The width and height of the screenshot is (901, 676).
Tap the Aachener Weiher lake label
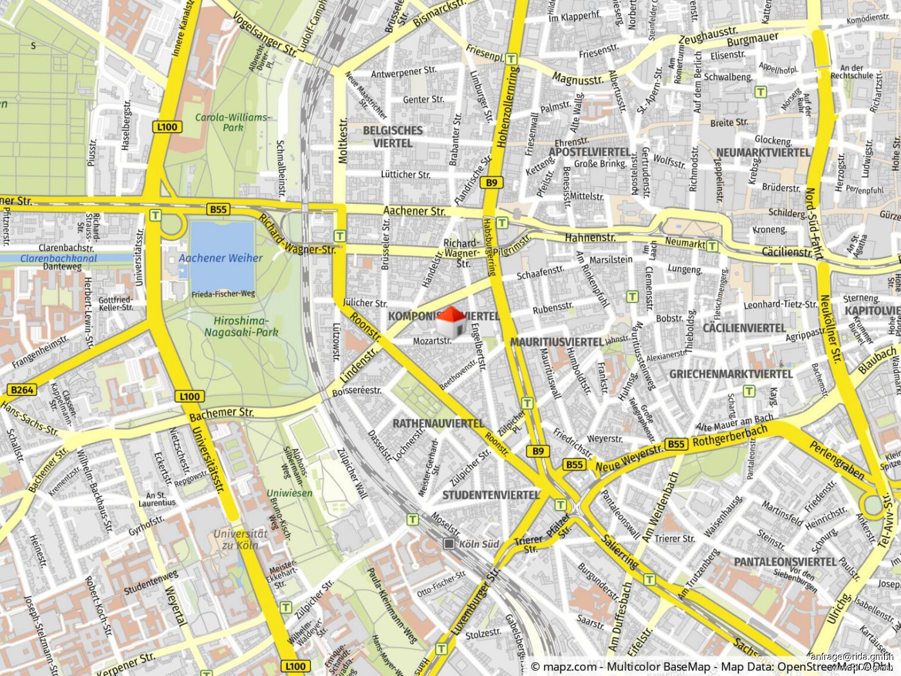[220, 258]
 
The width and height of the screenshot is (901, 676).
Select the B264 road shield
[22, 390]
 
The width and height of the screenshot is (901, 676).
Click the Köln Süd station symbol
[449, 544]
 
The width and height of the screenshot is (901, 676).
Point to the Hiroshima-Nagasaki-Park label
[241, 326]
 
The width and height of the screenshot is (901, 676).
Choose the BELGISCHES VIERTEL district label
[393, 136]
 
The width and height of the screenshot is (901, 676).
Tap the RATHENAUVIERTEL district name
[438, 424]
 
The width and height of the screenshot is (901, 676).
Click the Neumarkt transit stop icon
[712, 246]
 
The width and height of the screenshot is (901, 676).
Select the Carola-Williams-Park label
[233, 122]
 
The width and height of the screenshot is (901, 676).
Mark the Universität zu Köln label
[240, 539]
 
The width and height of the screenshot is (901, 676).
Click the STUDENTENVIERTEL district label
[490, 495]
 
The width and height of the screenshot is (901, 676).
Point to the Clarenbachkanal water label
[58, 258]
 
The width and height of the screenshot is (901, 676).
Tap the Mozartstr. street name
[432, 341]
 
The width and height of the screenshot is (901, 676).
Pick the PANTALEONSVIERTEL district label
[785, 562]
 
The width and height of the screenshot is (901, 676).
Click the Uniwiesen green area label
[290, 493]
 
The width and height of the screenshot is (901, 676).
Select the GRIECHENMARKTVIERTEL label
[731, 374]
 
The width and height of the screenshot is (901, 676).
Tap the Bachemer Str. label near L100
[221, 414]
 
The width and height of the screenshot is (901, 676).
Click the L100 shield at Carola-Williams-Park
[167, 127]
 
